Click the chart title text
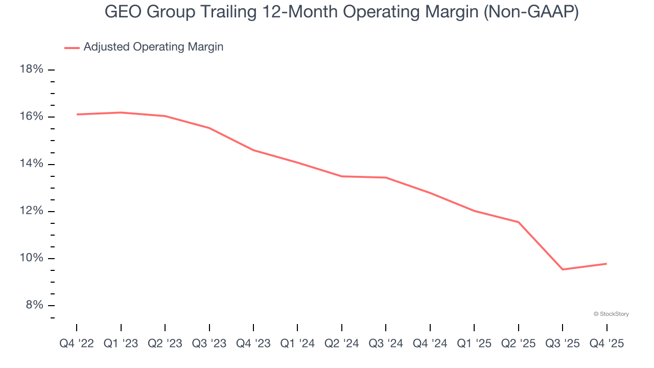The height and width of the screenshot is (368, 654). click(341, 11)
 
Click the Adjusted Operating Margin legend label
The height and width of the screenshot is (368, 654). click(153, 47)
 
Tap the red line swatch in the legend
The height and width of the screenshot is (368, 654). click(72, 48)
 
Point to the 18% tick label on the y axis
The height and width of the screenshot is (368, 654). click(31, 70)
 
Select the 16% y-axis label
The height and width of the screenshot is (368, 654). click(31, 117)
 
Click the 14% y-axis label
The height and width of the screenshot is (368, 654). click(31, 164)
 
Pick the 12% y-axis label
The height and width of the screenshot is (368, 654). click(31, 211)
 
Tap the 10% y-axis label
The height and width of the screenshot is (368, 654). click(31, 258)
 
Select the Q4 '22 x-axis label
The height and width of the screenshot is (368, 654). click(77, 344)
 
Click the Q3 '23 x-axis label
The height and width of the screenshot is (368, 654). click(209, 344)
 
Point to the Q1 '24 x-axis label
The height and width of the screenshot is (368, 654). click(297, 344)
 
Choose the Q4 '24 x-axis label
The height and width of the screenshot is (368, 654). click(430, 344)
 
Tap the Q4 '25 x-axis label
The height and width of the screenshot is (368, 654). click(606, 344)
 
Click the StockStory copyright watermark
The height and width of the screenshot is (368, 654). click(611, 314)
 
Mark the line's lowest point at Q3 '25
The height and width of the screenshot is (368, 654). click(563, 269)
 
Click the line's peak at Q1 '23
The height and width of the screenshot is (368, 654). click(121, 112)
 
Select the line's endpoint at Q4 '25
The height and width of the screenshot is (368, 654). click(606, 264)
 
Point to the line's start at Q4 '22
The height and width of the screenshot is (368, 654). click(77, 114)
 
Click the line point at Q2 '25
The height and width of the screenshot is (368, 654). click(518, 222)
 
